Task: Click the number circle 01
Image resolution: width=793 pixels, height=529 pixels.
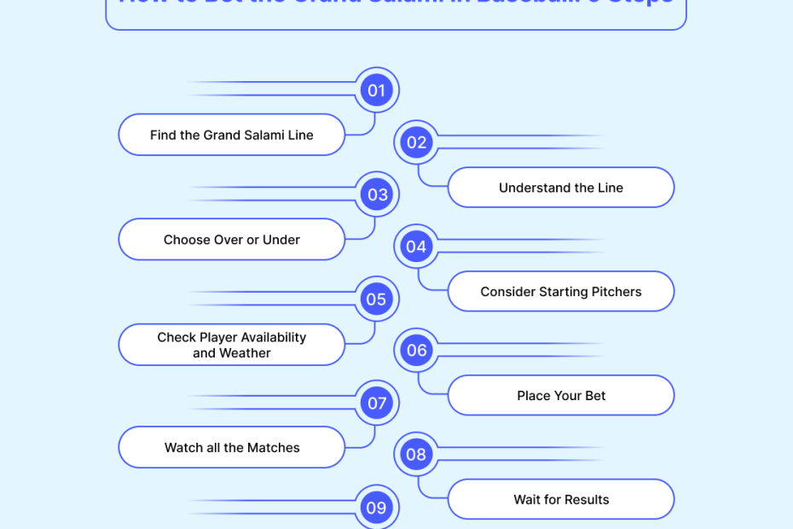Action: click(x=376, y=90)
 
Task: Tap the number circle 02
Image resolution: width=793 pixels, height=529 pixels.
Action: click(x=416, y=142)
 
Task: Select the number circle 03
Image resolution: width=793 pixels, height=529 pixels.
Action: click(x=376, y=195)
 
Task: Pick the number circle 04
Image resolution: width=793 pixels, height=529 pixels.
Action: click(x=416, y=247)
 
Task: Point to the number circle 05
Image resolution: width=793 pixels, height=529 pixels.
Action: click(x=376, y=299)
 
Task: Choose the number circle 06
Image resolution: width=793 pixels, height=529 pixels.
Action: click(x=416, y=351)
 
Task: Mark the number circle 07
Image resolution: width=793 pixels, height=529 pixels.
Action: click(x=376, y=404)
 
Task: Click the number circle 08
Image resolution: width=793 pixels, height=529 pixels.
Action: click(x=416, y=455)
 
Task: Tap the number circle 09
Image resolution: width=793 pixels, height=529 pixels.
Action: click(x=376, y=508)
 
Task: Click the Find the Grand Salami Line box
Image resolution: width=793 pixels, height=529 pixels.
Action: click(x=231, y=135)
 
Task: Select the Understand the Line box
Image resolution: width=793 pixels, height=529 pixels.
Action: click(x=561, y=188)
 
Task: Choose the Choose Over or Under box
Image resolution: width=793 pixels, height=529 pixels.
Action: click(x=231, y=240)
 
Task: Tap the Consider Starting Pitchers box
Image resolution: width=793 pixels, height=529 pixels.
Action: click(x=561, y=292)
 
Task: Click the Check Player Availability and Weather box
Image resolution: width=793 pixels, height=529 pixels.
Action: click(x=231, y=345)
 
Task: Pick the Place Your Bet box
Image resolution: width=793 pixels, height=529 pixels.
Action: click(x=561, y=396)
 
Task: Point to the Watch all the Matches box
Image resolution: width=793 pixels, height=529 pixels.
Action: click(x=231, y=448)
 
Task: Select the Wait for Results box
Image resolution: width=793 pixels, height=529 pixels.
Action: click(x=561, y=500)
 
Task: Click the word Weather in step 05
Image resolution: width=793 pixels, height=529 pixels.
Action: click(x=245, y=353)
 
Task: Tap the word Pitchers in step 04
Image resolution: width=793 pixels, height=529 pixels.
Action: click(x=616, y=292)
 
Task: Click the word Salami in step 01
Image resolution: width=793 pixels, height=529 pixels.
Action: click(x=263, y=135)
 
